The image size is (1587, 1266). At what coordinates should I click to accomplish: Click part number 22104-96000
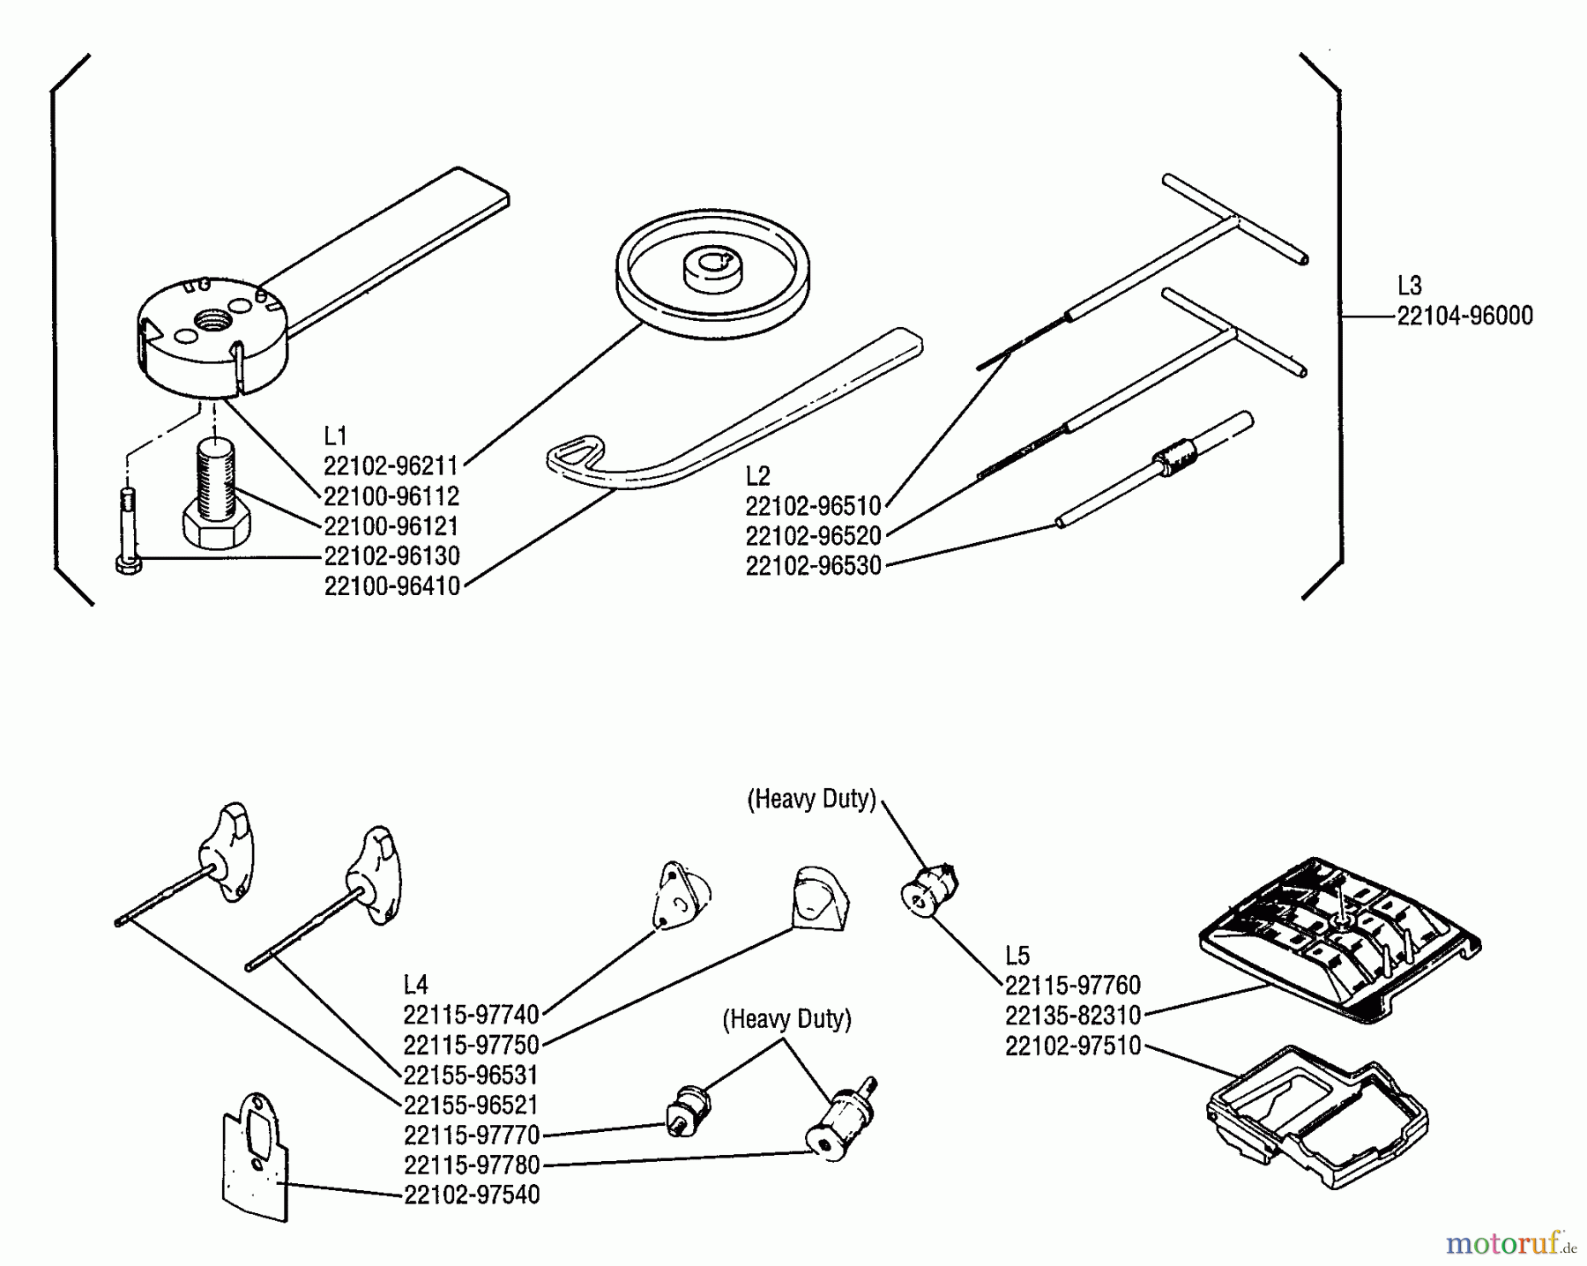click(x=1464, y=316)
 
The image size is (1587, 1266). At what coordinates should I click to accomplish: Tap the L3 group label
click(x=1409, y=286)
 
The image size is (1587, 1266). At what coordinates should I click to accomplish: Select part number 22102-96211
click(x=391, y=465)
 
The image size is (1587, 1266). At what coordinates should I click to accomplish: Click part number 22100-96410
click(x=391, y=586)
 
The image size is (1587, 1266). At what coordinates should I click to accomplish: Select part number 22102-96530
click(x=813, y=566)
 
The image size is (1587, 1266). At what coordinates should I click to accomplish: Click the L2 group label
click(x=757, y=476)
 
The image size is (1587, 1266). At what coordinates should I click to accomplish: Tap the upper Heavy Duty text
click(x=811, y=799)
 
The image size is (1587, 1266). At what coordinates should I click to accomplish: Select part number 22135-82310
click(x=1072, y=1016)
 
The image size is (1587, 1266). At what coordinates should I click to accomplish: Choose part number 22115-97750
click(x=471, y=1046)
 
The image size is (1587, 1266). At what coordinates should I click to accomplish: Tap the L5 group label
click(x=1017, y=956)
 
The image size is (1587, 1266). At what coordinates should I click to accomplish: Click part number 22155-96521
click(x=471, y=1106)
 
